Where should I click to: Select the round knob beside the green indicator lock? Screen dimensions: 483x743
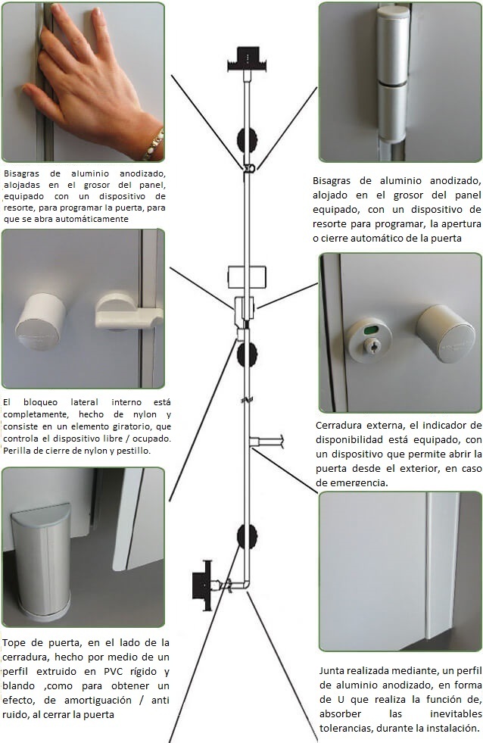[x=445, y=333]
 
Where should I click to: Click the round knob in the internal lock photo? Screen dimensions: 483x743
[x=41, y=322]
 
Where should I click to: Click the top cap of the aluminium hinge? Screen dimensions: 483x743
[x=393, y=14]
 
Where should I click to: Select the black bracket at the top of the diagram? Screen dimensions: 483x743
[x=248, y=59]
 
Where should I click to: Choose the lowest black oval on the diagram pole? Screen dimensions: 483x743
[x=248, y=536]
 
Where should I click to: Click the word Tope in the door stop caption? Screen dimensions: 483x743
[x=14, y=643]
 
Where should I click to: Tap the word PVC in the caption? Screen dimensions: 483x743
[x=114, y=672]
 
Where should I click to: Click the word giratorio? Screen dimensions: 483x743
[x=126, y=426]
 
